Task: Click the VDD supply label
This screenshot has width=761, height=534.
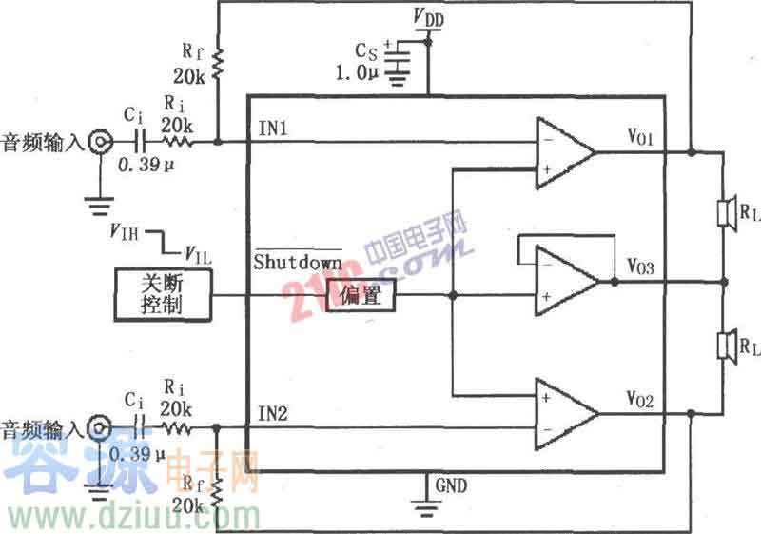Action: [428, 17]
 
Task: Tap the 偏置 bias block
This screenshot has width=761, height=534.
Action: [361, 296]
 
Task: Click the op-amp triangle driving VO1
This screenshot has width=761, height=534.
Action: [562, 150]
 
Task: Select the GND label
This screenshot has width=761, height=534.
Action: [451, 485]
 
